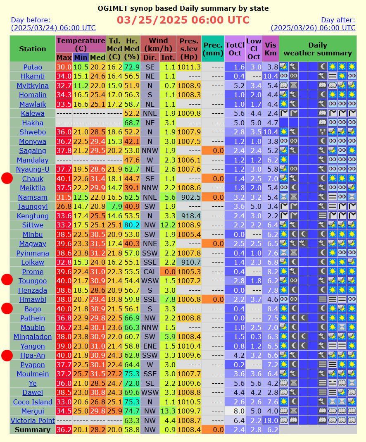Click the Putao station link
click(32, 67)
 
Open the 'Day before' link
click(53, 24)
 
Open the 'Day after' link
click(313, 24)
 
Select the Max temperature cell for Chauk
click(64, 179)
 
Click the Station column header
click(32, 48)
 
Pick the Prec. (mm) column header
click(213, 48)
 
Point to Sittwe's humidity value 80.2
click(131, 225)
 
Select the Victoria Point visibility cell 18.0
click(270, 420)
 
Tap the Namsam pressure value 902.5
click(189, 197)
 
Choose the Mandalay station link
click(32, 160)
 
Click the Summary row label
click(32, 430)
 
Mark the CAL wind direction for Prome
click(150, 272)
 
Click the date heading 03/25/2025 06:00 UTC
click(183, 20)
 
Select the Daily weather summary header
click(317, 48)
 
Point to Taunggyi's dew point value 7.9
click(114, 207)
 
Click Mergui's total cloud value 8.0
click(235, 411)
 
